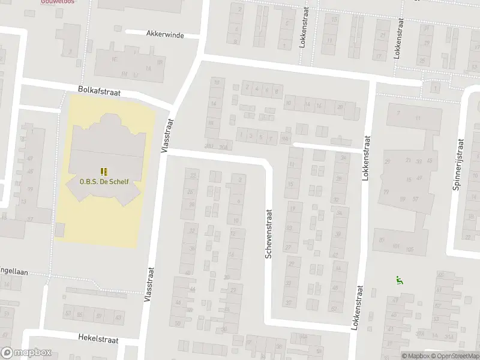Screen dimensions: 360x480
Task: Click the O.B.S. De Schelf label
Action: pos(104,181)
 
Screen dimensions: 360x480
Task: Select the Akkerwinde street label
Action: pos(164,34)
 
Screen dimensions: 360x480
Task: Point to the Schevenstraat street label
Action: pos(269,234)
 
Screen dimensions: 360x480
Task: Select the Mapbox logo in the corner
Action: pos(25,353)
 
